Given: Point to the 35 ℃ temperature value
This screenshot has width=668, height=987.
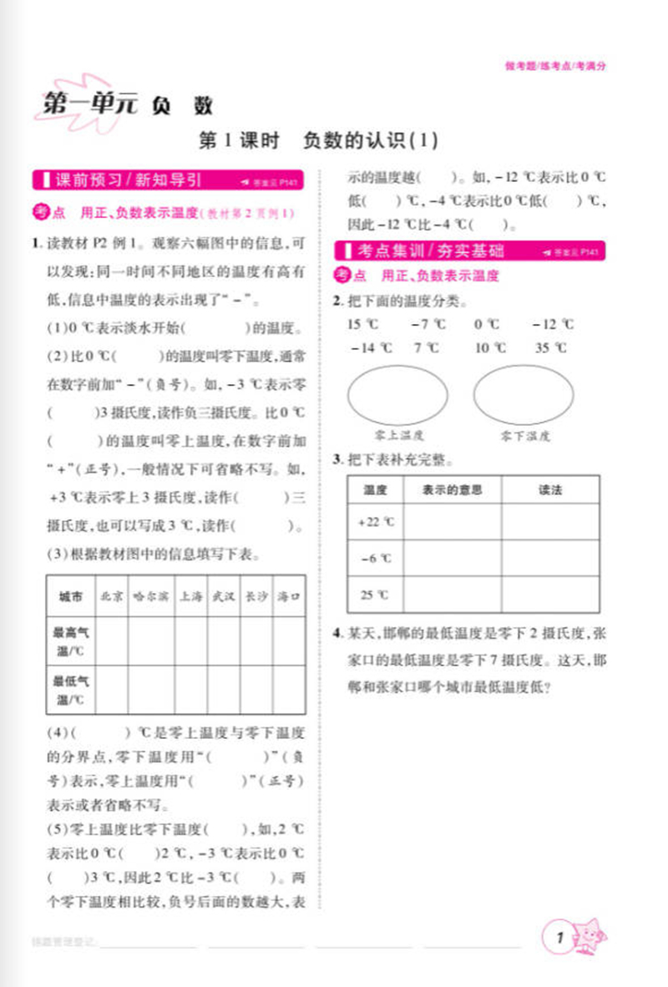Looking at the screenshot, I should (x=551, y=348).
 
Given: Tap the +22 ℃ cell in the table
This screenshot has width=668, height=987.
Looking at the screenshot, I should (x=375, y=522).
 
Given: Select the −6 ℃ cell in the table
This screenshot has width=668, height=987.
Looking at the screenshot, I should (x=375, y=559).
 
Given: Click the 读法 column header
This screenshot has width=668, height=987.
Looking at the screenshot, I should (x=550, y=490).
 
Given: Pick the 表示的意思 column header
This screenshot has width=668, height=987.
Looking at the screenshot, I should (x=452, y=490).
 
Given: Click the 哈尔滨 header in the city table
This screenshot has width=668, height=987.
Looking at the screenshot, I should (x=150, y=596).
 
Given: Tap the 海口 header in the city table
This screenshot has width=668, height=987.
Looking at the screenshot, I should (x=287, y=596).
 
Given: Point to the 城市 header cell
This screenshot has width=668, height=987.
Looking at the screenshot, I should (x=71, y=596).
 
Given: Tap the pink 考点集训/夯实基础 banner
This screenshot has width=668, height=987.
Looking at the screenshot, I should (x=430, y=251).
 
